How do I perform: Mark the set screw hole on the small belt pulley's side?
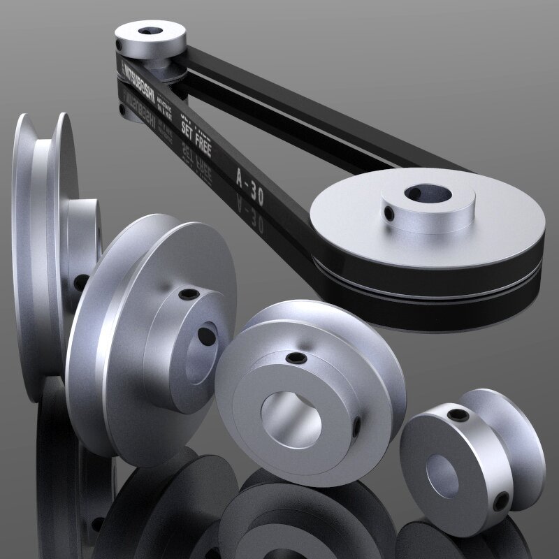point(120,44)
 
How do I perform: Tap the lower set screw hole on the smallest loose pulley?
point(500,502)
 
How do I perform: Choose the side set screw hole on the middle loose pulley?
point(356,427)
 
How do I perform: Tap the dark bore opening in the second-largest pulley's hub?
point(208,336)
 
